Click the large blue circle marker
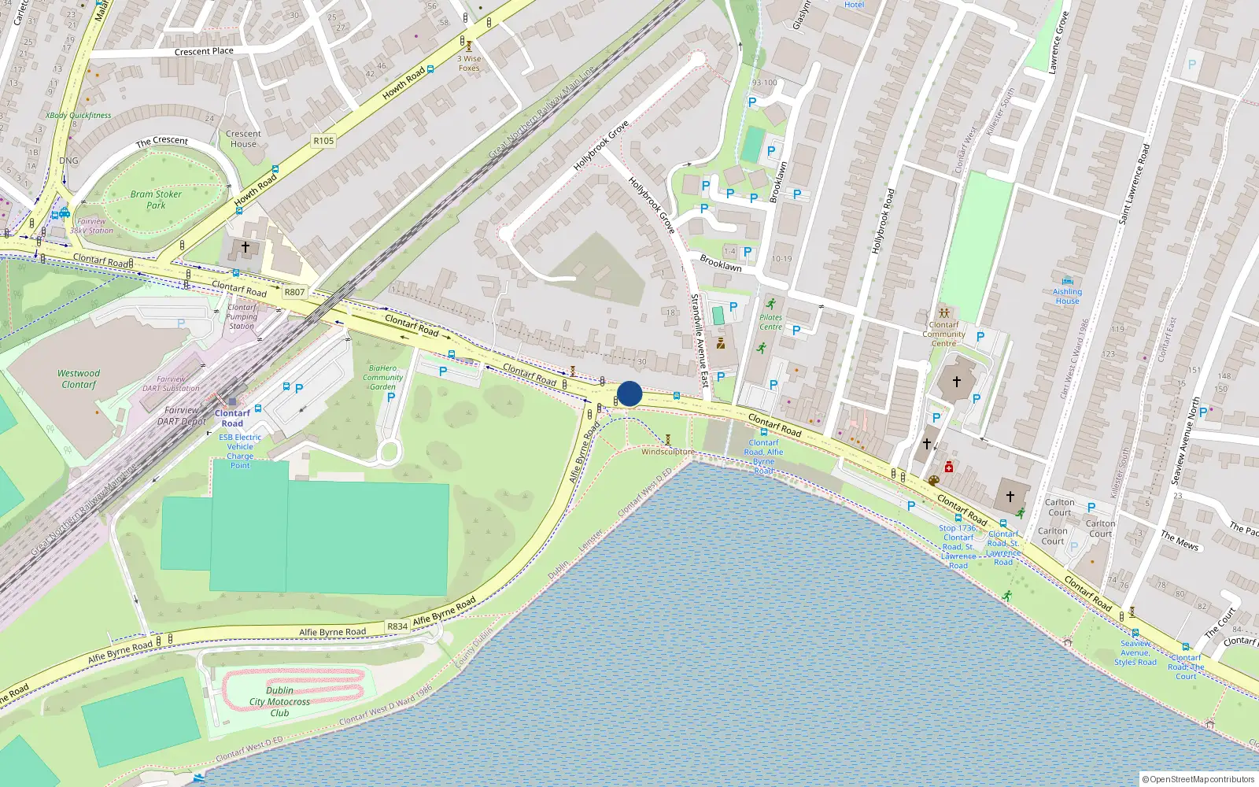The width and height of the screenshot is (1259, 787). (x=629, y=393)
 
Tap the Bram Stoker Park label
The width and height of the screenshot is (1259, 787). (x=156, y=200)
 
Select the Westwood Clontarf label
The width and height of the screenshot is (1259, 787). (x=79, y=379)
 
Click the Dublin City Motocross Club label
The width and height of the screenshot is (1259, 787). (x=279, y=702)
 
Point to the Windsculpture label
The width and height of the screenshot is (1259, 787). (x=667, y=452)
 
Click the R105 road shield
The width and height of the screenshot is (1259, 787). (x=323, y=141)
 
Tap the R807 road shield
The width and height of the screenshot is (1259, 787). (x=294, y=292)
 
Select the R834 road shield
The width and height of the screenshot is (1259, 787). (x=397, y=626)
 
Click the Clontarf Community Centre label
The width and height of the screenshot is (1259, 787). (x=943, y=334)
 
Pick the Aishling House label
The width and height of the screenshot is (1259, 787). (x=1067, y=296)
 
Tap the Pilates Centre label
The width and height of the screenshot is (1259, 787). (x=770, y=322)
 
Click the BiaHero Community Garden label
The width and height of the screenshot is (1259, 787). (x=382, y=377)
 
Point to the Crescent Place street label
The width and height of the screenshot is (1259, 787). (x=204, y=51)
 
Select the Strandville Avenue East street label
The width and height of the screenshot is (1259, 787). (x=699, y=340)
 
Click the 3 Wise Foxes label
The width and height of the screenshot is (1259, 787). (x=469, y=63)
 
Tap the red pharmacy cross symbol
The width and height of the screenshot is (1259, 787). (x=949, y=467)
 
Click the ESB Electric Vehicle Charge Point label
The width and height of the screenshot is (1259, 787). (x=240, y=451)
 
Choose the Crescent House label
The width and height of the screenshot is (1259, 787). (x=243, y=139)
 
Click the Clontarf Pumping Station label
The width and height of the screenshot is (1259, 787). (x=242, y=316)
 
